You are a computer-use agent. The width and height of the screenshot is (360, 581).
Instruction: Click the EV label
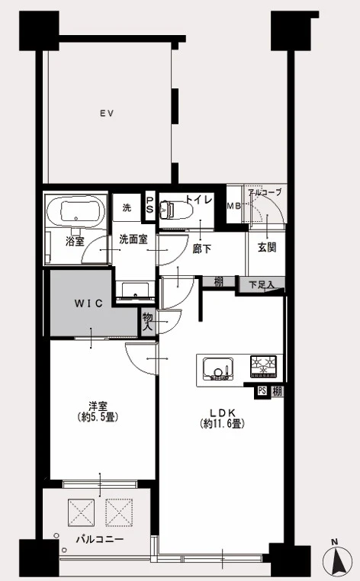107,114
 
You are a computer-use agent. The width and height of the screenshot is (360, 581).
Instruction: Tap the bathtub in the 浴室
76,212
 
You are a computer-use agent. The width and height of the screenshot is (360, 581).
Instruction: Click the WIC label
88,303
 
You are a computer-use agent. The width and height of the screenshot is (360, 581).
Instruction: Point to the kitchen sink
217,369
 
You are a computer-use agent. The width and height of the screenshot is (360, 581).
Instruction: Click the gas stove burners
264,367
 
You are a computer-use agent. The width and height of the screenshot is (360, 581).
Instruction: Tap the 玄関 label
267,247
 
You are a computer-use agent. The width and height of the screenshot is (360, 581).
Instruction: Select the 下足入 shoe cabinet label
262,285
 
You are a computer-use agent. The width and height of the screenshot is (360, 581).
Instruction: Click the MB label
233,206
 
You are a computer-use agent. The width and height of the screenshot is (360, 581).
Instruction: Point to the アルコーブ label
265,192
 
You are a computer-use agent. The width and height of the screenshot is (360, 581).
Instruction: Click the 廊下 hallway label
202,249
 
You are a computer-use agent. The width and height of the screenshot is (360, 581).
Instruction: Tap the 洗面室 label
133,239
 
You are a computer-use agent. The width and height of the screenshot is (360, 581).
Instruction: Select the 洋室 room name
98,406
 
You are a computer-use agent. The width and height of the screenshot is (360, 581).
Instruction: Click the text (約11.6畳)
223,423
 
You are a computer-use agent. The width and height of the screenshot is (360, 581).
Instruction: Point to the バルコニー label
100,539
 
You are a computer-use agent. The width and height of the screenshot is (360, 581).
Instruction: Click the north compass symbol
337,560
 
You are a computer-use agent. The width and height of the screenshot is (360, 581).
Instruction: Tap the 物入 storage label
148,322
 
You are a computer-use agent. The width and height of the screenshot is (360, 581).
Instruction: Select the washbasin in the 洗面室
135,290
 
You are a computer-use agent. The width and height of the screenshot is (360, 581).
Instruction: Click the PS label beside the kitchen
262,391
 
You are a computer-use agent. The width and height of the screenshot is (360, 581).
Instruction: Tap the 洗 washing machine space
127,207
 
